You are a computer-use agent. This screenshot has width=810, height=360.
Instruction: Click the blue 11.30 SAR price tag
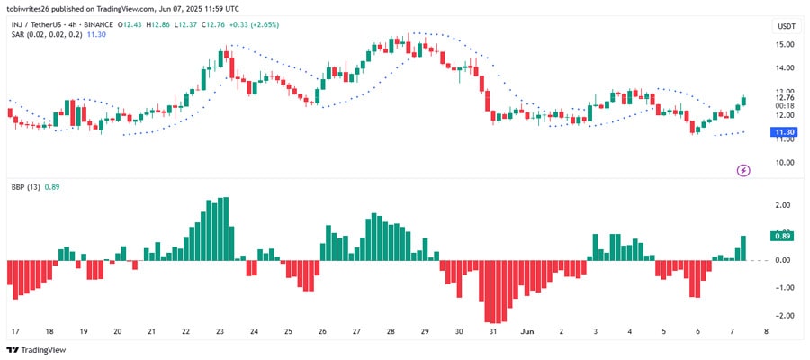pos(782,131)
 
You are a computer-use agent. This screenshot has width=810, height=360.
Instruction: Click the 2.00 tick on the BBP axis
pos(781,205)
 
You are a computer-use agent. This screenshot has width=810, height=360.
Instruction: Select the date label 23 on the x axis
pos(220,331)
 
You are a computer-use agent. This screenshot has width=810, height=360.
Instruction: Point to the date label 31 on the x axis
pos(493,331)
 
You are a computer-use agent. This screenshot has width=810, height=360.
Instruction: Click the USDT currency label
pos(786,27)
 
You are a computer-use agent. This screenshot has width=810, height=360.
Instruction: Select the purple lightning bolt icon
pos(744,169)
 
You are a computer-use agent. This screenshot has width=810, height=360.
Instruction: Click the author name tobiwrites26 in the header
pos(31,8)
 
